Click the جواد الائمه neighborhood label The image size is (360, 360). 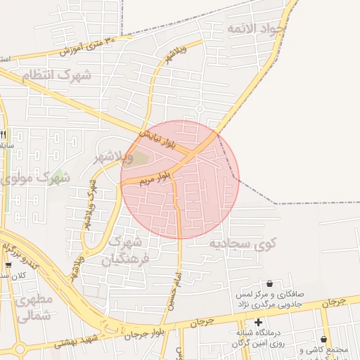(x=257, y=29)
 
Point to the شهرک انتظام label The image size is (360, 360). (x=56, y=75)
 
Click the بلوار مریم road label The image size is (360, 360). (x=154, y=176)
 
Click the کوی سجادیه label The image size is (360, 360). (x=243, y=243)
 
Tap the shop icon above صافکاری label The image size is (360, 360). (x=269, y=283)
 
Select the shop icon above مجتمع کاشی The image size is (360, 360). (x=324, y=339)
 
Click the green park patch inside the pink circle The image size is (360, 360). (x=141, y=158)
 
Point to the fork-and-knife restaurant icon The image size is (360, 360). (x=4, y=134)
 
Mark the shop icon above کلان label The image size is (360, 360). (x=8, y=265)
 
